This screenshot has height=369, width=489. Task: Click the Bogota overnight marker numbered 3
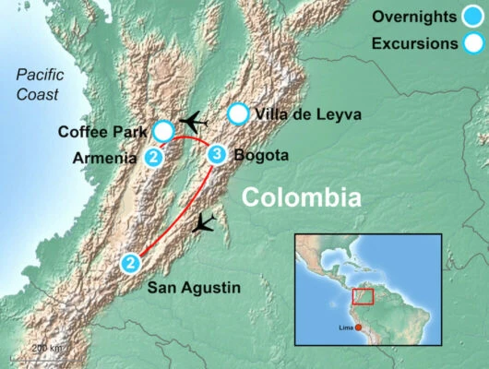point(217,155)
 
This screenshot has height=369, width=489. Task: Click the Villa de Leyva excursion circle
point(238,114)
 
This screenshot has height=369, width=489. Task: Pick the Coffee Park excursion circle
point(163,130)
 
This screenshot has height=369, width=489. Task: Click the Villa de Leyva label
point(299,115)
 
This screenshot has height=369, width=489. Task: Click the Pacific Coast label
point(36,85)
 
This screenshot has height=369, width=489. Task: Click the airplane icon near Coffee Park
point(194,122)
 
